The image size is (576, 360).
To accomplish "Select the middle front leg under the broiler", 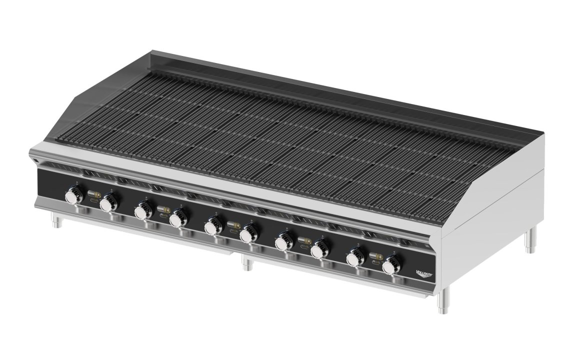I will coord(245,263).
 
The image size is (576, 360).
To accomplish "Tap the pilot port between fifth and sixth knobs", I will coord(233,226).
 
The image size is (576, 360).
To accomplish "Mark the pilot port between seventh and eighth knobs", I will coord(304,242).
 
